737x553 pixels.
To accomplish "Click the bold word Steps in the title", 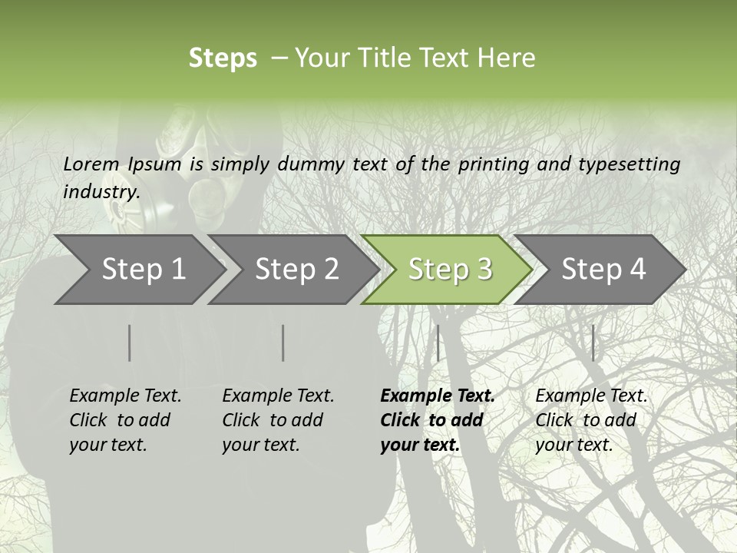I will pyautogui.click(x=223, y=58).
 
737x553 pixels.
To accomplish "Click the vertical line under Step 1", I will pyautogui.click(x=130, y=343).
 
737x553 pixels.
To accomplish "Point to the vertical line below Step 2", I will pyautogui.click(x=283, y=343).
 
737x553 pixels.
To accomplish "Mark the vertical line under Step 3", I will pyautogui.click(x=438, y=343).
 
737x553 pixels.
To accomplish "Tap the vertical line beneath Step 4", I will pyautogui.click(x=593, y=343).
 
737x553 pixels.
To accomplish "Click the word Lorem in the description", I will pyautogui.click(x=91, y=164).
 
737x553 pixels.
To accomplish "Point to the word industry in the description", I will pyautogui.click(x=101, y=191).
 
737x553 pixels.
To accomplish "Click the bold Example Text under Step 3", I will pyautogui.click(x=438, y=396).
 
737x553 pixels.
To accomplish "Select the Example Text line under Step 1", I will pyautogui.click(x=125, y=396).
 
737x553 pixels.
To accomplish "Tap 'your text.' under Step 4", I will pyautogui.click(x=573, y=445).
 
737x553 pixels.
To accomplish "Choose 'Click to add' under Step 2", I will pyautogui.click(x=273, y=420).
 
